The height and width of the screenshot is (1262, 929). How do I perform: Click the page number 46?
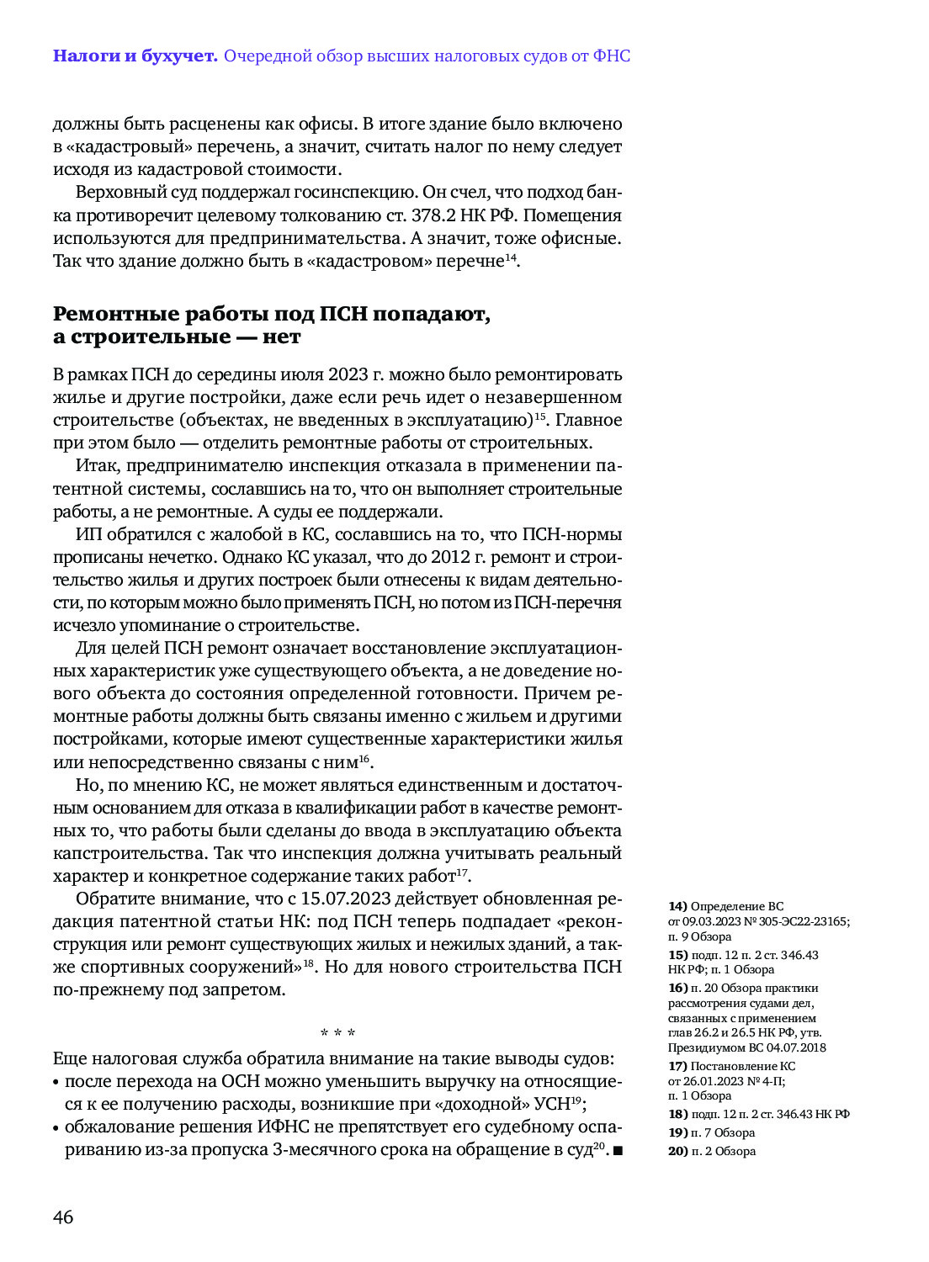point(63,1217)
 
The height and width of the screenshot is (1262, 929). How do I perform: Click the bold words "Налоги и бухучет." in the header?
point(135,56)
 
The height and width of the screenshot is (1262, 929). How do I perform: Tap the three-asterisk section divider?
point(337,1033)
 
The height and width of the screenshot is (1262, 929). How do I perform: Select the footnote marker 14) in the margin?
point(677,907)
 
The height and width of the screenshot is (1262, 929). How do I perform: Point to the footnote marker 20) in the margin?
point(677,1152)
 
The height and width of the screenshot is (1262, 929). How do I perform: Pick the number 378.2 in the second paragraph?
point(433,215)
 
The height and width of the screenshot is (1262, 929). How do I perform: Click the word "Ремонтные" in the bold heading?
point(117,314)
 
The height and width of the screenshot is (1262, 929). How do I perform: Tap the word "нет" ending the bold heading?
point(281,337)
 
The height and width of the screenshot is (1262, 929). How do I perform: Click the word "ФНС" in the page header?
point(611,56)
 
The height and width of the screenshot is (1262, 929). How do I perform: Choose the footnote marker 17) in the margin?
point(677,1067)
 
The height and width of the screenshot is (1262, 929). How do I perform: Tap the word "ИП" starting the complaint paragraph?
point(87,534)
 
